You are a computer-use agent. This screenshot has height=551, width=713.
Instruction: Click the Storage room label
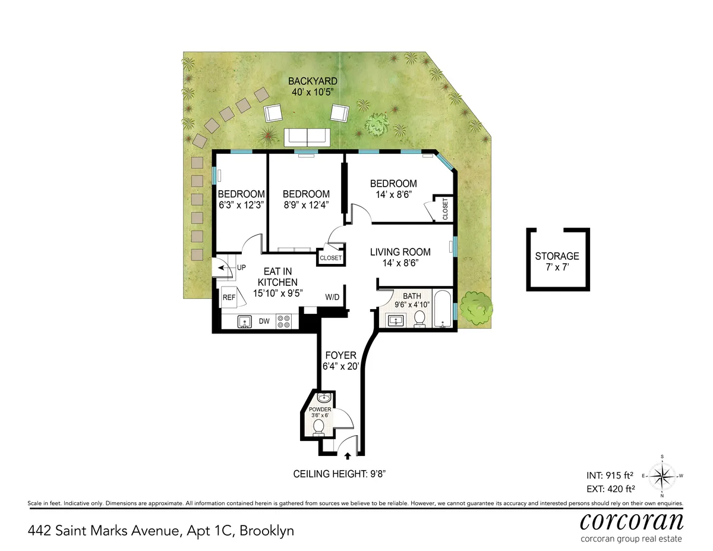coord(557,256)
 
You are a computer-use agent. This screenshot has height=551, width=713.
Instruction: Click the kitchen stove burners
coord(284,321)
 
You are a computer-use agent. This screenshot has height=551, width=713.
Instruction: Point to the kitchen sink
coord(244,322)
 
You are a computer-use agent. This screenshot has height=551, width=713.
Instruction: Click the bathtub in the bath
coord(443,309)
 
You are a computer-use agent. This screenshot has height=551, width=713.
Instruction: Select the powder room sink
coord(323,398)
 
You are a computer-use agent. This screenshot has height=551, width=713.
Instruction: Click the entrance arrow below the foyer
coord(348,456)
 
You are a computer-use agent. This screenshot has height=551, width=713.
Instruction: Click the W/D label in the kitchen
coord(332,297)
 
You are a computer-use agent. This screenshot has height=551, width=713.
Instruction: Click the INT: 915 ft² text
coord(609,476)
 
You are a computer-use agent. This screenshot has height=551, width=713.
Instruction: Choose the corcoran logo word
coord(632,521)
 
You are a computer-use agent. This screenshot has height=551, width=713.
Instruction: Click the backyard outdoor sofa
coord(307,137)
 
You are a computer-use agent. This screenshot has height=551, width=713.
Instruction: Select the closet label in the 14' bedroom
coord(446,209)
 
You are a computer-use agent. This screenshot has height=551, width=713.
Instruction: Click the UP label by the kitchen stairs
coord(241,268)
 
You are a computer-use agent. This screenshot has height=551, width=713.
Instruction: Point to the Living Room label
coord(400,252)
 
